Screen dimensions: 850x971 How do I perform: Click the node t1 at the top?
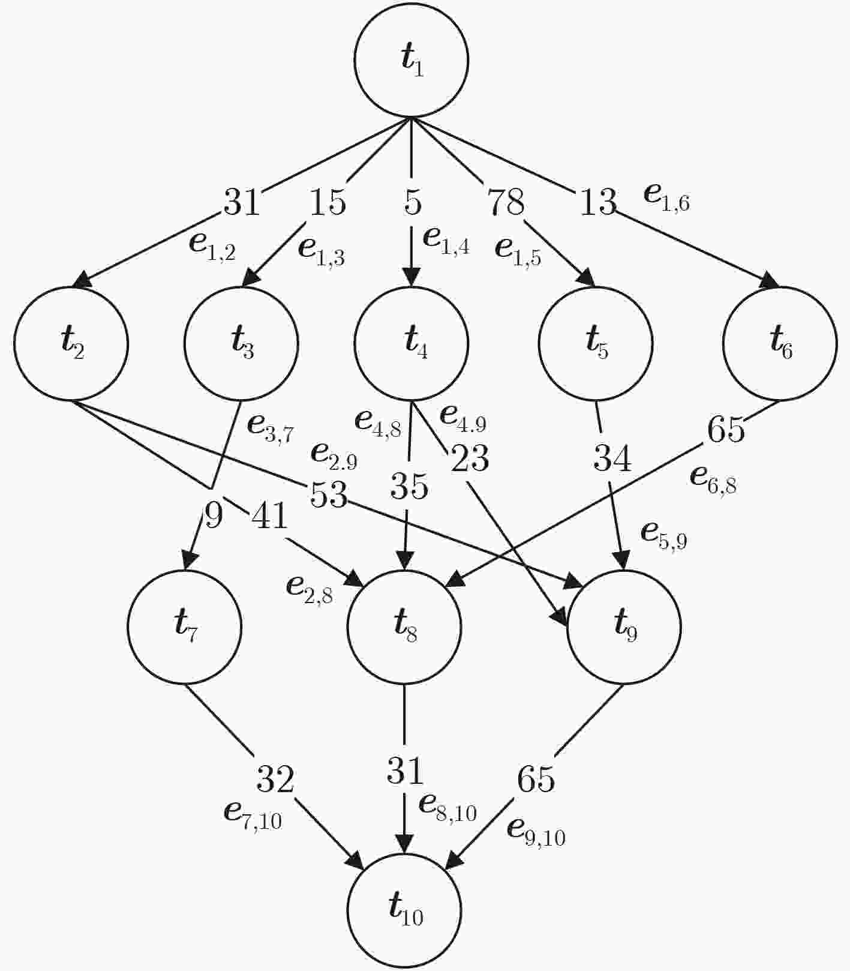click(411, 60)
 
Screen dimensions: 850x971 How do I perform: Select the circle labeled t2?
click(71, 344)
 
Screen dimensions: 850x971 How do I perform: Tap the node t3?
click(241, 344)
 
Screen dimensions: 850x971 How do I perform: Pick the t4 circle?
click(411, 344)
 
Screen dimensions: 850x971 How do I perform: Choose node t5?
click(596, 344)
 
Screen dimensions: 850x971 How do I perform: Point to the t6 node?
click(780, 344)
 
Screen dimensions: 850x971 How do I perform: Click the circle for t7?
click(184, 627)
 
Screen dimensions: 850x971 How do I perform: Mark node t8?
click(404, 627)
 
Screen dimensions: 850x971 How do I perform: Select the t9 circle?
click(624, 627)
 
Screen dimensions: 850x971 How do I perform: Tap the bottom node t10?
click(404, 911)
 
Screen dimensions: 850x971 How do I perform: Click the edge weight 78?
click(506, 202)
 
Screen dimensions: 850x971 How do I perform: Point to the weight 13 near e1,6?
click(598, 202)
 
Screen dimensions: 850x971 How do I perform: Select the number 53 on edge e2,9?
click(329, 495)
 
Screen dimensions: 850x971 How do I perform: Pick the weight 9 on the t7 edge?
click(214, 515)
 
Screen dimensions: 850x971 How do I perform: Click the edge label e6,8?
click(713, 478)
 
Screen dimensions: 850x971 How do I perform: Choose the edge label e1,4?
click(446, 240)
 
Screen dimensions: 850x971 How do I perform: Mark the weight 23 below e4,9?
click(470, 458)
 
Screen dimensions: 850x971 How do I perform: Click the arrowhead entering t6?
click(771, 282)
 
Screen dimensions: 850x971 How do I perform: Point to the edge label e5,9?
click(664, 534)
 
